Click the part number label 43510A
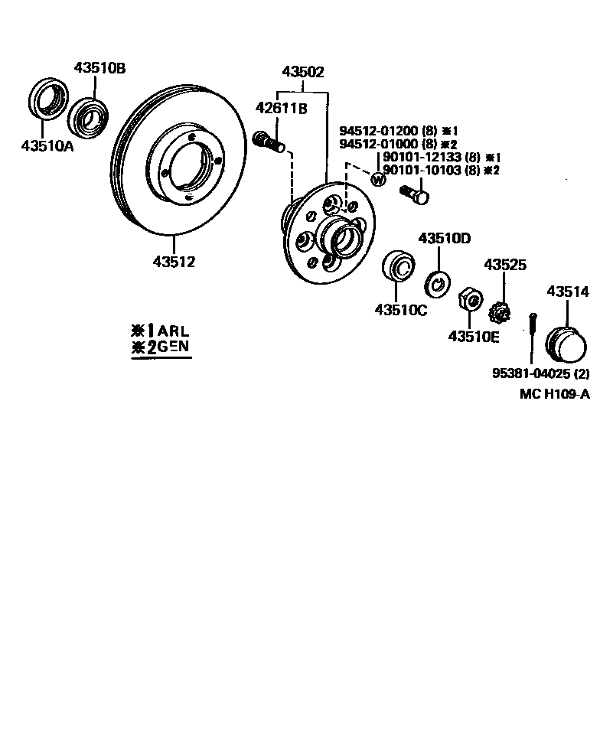tap(47, 146)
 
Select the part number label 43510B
tap(100, 67)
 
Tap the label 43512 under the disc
tap(174, 262)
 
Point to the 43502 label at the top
tap(303, 73)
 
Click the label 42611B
tap(281, 108)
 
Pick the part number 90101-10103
tap(422, 170)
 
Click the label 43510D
tap(445, 238)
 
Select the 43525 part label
tap(504, 265)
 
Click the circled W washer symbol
tap(377, 180)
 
